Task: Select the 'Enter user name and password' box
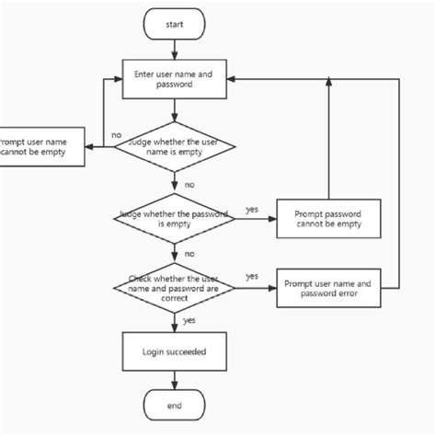click(x=174, y=80)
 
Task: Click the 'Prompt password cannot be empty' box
click(x=328, y=218)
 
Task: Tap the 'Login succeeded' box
click(x=174, y=351)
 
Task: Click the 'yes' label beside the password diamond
click(x=252, y=209)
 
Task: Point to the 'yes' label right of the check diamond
click(x=252, y=276)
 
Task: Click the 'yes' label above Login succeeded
click(x=189, y=320)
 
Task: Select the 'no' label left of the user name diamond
click(x=116, y=135)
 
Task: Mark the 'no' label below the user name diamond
click(x=189, y=184)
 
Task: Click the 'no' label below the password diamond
click(x=189, y=253)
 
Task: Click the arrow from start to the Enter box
click(x=174, y=51)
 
